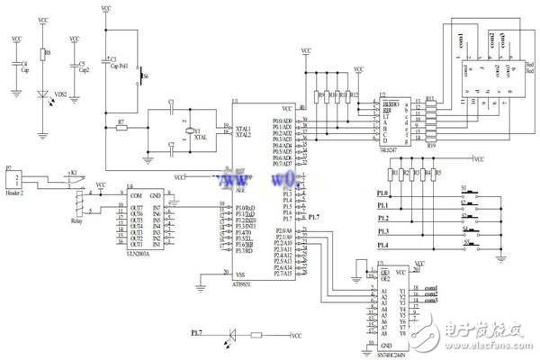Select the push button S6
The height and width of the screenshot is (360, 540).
tap(141, 80)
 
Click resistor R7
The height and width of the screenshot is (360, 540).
tap(121, 128)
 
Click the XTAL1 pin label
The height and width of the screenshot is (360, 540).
tap(244, 128)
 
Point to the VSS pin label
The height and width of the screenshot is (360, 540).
tap(240, 274)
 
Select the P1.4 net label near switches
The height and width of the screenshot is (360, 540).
tap(382, 245)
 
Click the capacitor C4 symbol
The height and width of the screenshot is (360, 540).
tap(15, 67)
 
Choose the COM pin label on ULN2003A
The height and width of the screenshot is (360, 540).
tap(136, 195)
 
